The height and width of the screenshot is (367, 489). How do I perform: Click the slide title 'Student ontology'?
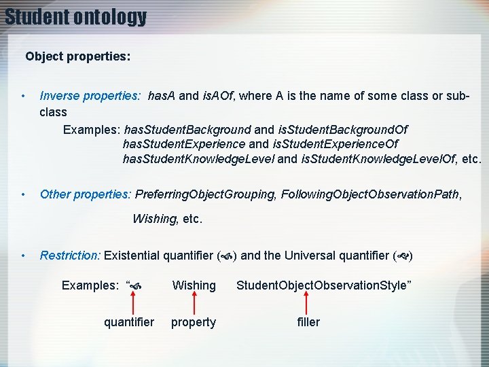tap(75, 16)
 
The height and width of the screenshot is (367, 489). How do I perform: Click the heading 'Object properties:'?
tap(78, 56)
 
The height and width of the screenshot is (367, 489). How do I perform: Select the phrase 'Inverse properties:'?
tap(90, 97)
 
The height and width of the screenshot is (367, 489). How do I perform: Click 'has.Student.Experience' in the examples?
tap(184, 144)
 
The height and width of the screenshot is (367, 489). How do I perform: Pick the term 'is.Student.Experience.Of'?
tap(336, 144)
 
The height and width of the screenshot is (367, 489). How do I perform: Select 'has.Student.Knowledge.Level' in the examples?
tap(198, 159)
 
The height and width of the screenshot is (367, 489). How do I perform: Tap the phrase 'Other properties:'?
tap(86, 194)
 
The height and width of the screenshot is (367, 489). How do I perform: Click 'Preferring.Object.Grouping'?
tap(205, 194)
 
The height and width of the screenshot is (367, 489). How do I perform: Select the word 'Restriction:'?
tap(70, 256)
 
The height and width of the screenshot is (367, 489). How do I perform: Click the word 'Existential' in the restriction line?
tap(131, 256)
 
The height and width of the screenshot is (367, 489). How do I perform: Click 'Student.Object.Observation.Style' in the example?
tap(322, 285)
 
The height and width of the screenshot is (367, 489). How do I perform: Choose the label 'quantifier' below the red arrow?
tap(129, 322)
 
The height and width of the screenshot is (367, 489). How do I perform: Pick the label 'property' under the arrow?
tap(194, 322)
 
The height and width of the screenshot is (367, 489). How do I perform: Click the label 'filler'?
tap(308, 322)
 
